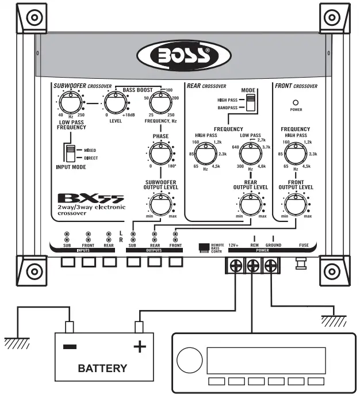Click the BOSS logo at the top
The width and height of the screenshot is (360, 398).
[179, 58]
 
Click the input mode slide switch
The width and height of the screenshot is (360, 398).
[70, 153]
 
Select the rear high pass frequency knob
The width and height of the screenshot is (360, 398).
[204, 153]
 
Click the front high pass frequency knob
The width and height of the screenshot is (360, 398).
[295, 153]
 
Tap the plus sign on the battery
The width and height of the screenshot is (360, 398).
[140, 347]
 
